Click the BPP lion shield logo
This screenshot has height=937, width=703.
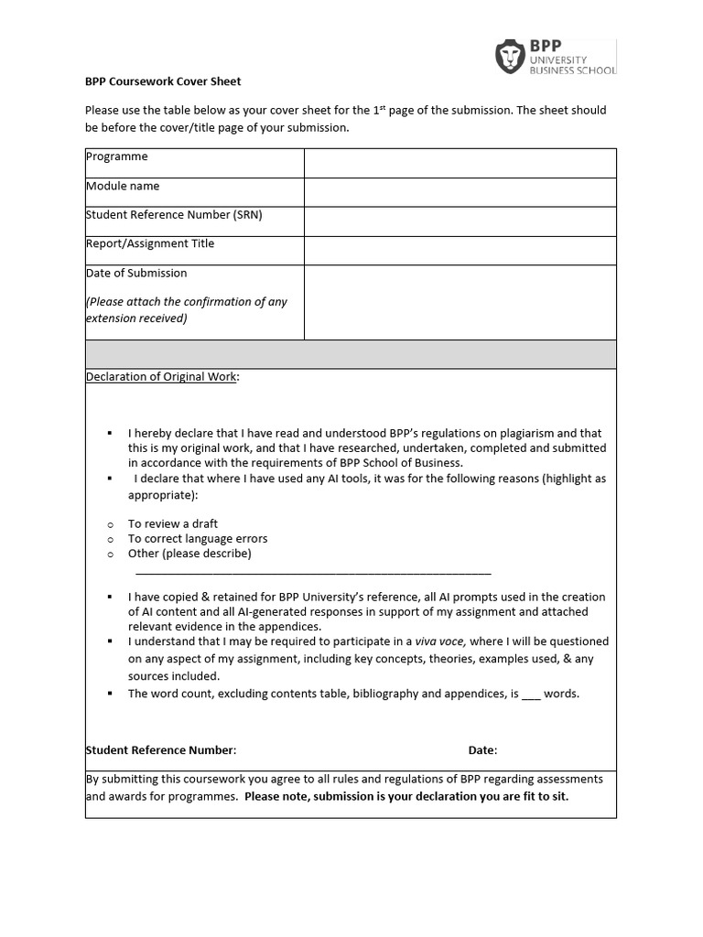(x=510, y=57)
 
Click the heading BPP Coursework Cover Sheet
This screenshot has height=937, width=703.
(x=163, y=81)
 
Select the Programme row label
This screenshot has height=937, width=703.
(x=117, y=156)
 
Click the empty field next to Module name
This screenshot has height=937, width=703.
(x=460, y=192)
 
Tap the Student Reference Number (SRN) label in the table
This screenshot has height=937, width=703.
(x=167, y=215)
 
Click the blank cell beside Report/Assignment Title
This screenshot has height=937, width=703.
(x=460, y=251)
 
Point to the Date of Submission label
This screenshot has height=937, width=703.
(x=136, y=273)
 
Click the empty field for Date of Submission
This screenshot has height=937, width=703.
(x=460, y=302)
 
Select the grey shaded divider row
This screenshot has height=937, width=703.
(x=351, y=354)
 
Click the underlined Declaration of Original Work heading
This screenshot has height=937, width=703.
(x=161, y=377)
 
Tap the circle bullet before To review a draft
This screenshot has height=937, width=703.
(x=110, y=524)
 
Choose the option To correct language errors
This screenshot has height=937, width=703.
(x=198, y=539)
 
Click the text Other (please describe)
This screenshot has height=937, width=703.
(x=189, y=554)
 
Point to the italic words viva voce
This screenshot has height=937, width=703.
(x=440, y=641)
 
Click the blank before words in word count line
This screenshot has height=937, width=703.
(x=531, y=695)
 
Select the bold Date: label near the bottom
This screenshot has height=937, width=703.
(x=482, y=750)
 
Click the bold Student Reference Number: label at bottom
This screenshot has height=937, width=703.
(x=161, y=750)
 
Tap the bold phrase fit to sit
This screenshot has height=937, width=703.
(x=543, y=796)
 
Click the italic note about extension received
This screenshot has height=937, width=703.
(x=187, y=310)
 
